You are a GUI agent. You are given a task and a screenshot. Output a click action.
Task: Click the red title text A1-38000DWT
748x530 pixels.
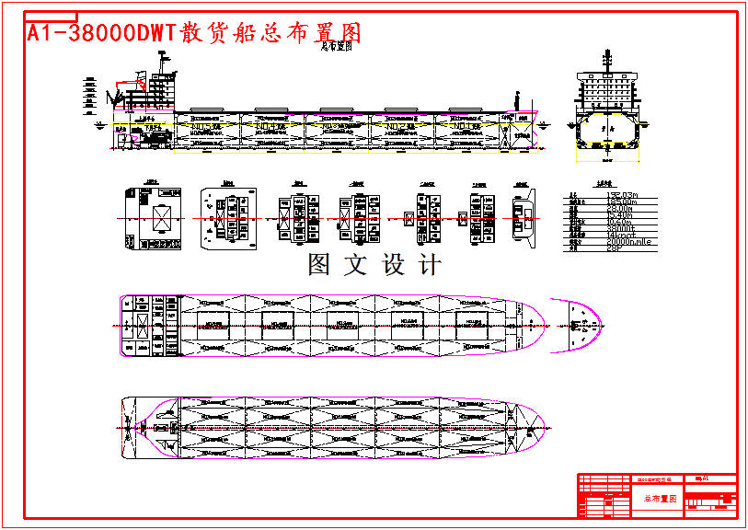coord(101,33)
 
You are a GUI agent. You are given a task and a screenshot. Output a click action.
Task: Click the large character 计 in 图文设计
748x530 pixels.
coord(430,265)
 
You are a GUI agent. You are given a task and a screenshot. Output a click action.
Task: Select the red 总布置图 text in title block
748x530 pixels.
coord(659,498)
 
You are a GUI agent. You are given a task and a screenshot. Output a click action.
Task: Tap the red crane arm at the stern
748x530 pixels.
coord(120,92)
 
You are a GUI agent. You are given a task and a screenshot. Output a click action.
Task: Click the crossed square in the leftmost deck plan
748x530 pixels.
coord(162,219)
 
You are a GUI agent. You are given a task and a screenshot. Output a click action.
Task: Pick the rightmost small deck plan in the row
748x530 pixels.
coord(523,218)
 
